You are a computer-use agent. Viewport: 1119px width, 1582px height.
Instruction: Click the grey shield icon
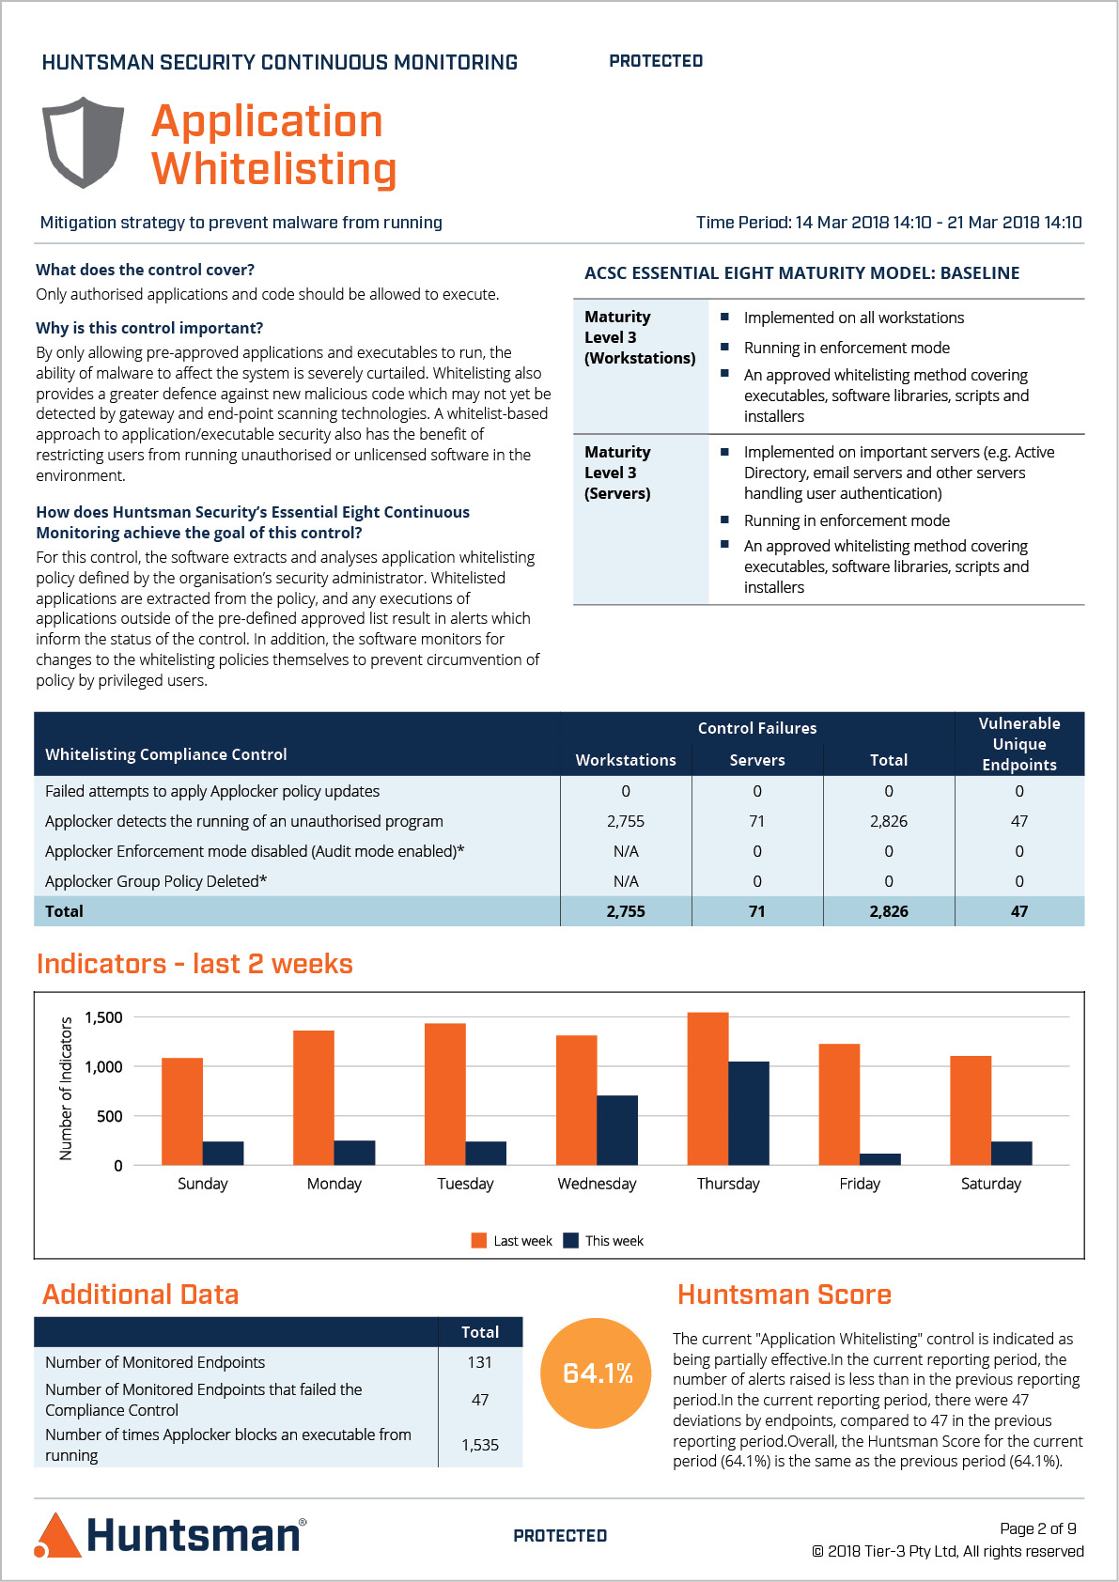tap(83, 143)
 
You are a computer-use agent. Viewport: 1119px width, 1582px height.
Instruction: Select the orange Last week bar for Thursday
tap(707, 1089)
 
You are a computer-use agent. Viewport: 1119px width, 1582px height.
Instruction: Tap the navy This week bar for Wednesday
tap(617, 1130)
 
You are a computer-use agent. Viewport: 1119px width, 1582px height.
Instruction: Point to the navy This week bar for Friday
tap(880, 1159)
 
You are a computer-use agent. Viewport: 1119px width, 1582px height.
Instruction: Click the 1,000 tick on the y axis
tap(103, 1066)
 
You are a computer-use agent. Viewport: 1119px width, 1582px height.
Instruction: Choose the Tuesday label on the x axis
tap(465, 1184)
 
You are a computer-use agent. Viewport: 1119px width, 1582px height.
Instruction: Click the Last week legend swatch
tap(479, 1241)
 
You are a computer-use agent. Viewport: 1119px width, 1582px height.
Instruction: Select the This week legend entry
tap(603, 1241)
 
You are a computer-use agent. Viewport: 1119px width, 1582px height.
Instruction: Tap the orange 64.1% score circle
tap(596, 1373)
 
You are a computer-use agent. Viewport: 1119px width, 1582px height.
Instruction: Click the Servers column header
tap(757, 760)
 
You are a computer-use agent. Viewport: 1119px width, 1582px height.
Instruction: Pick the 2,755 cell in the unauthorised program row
tap(626, 821)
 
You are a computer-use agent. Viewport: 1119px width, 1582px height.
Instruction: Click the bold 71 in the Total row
tap(757, 911)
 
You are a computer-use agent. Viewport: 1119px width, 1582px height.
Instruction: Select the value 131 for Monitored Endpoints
tap(480, 1362)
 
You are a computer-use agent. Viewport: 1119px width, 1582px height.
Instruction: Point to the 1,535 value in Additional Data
tap(480, 1445)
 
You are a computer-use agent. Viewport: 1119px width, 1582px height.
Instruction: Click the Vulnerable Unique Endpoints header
tap(1019, 744)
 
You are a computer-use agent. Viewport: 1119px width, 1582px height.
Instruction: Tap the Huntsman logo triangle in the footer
tap(57, 1535)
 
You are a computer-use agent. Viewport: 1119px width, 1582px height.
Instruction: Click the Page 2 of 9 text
tap(1038, 1528)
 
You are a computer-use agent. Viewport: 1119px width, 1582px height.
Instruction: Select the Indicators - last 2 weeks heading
tap(194, 964)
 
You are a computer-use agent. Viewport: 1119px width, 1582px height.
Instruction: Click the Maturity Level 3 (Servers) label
tap(617, 473)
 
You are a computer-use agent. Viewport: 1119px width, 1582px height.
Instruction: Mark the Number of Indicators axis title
tap(66, 1089)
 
